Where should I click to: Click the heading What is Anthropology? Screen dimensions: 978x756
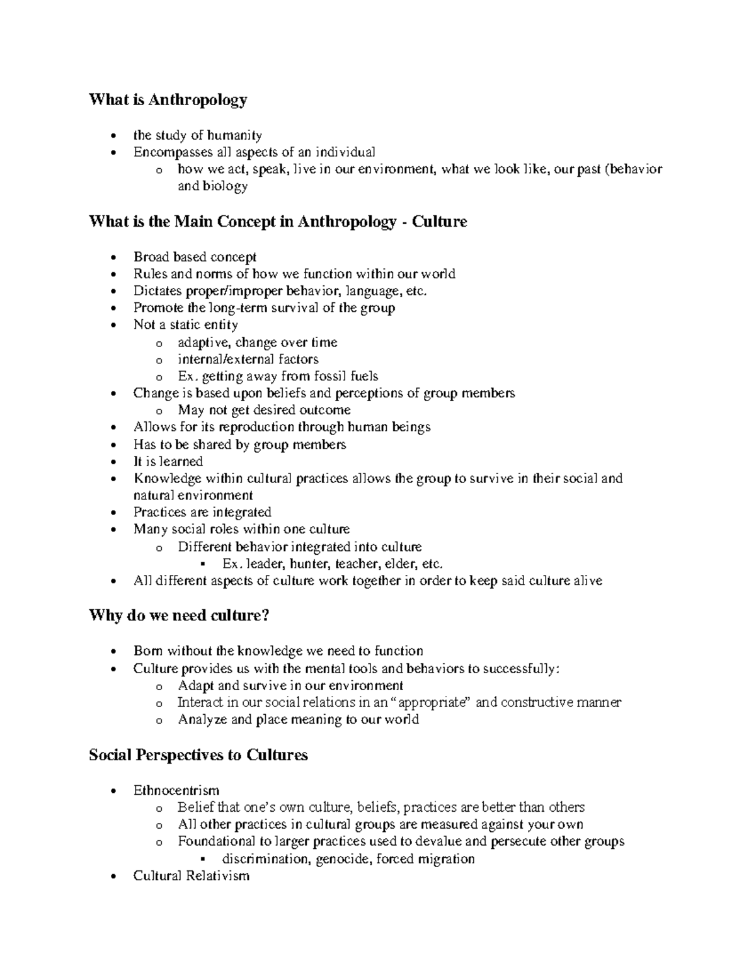pos(168,100)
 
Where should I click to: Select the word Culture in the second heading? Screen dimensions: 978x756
pos(439,222)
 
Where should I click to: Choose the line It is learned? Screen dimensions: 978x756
pos(168,462)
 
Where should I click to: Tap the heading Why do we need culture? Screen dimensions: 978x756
pos(179,615)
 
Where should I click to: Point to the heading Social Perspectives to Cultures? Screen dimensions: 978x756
pos(198,755)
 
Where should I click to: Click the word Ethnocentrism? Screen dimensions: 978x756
pos(176,790)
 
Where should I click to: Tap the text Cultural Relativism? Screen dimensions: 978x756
pos(192,876)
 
